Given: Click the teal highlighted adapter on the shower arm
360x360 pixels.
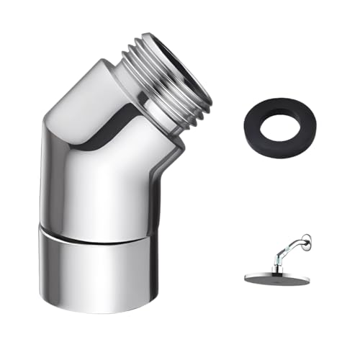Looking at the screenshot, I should pos(287,253).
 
